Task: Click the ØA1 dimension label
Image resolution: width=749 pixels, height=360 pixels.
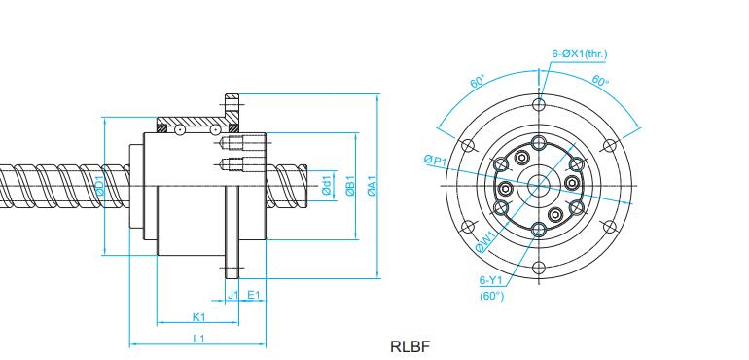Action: (x=373, y=186)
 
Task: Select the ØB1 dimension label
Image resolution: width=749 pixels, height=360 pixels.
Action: (x=350, y=186)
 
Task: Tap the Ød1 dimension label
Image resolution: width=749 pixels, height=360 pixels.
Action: (x=327, y=186)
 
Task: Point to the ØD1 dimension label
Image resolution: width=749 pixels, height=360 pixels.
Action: (x=100, y=186)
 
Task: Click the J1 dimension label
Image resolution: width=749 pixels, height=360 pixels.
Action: (x=232, y=295)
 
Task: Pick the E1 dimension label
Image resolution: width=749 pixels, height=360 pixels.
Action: (x=253, y=295)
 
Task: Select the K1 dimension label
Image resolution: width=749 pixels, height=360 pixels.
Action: (x=198, y=316)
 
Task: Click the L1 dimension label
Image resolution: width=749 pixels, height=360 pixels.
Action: (x=198, y=339)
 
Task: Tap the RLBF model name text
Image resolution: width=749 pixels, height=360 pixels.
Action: (x=410, y=346)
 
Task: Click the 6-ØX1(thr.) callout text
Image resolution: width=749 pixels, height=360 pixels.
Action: (x=580, y=54)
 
